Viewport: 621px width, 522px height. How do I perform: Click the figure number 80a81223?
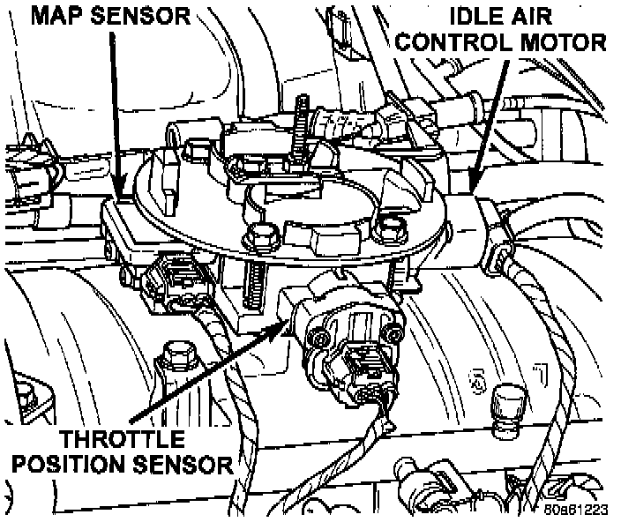577,511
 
